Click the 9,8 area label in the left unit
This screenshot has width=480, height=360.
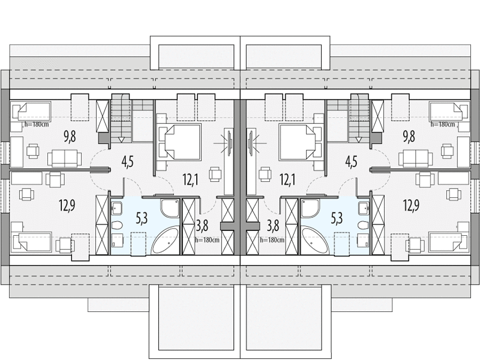point(70,137)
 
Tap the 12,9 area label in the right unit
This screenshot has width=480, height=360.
point(411,206)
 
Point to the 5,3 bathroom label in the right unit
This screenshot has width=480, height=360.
point(337,218)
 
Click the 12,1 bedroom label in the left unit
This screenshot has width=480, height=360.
point(190,179)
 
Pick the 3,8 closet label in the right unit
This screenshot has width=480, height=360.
point(273,226)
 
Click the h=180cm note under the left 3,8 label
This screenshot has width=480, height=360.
point(207,240)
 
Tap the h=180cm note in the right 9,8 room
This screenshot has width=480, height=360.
point(443,124)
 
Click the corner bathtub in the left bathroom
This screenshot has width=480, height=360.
point(166,240)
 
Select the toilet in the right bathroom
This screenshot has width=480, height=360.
point(362,225)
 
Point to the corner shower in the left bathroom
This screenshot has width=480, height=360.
point(170,209)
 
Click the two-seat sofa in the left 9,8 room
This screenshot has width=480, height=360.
point(65,158)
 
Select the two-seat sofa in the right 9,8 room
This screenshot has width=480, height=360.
point(415,158)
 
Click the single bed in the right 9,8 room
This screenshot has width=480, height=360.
point(449,112)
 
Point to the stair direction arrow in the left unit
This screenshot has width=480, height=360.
point(122,140)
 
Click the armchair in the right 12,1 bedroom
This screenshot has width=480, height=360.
point(265,174)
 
